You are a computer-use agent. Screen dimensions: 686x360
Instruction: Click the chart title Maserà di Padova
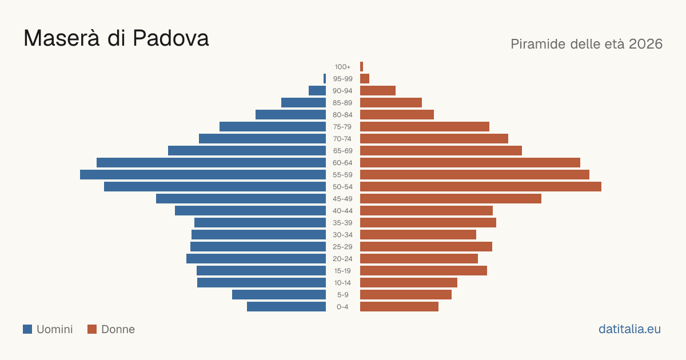coord(116,38)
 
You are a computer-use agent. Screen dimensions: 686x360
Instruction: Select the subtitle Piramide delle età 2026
coord(587,44)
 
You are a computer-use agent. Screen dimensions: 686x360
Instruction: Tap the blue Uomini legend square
coord(27,329)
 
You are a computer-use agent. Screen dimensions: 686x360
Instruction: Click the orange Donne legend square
coord(92,329)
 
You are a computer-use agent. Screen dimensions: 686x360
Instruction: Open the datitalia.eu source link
coord(629,329)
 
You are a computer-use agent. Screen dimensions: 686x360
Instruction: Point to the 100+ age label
coord(342,67)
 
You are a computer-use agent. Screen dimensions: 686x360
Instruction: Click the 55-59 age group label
coord(342,175)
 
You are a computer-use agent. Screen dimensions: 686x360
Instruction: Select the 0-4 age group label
coord(342,307)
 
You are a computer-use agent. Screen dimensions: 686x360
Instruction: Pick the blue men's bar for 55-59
coord(203,175)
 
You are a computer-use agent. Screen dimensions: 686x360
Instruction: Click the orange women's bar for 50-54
coord(481,187)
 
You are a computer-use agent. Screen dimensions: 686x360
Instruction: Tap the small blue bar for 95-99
coord(325,79)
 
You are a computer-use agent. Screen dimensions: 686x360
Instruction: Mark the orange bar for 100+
coord(362,67)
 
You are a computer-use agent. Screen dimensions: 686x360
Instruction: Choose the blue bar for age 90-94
coord(317,91)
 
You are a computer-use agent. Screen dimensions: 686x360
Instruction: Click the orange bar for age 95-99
coord(365,79)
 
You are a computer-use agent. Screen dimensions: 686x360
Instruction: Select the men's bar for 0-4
coord(286,307)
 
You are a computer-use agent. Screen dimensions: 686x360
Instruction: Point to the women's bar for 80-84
coord(397,115)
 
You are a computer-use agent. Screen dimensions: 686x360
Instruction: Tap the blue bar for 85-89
coord(304,102)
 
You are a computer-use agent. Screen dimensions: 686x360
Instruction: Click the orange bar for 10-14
coord(409,282)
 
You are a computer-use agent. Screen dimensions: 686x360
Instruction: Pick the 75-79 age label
coord(342,127)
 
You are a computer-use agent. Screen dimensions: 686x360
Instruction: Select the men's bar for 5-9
coord(279,294)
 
